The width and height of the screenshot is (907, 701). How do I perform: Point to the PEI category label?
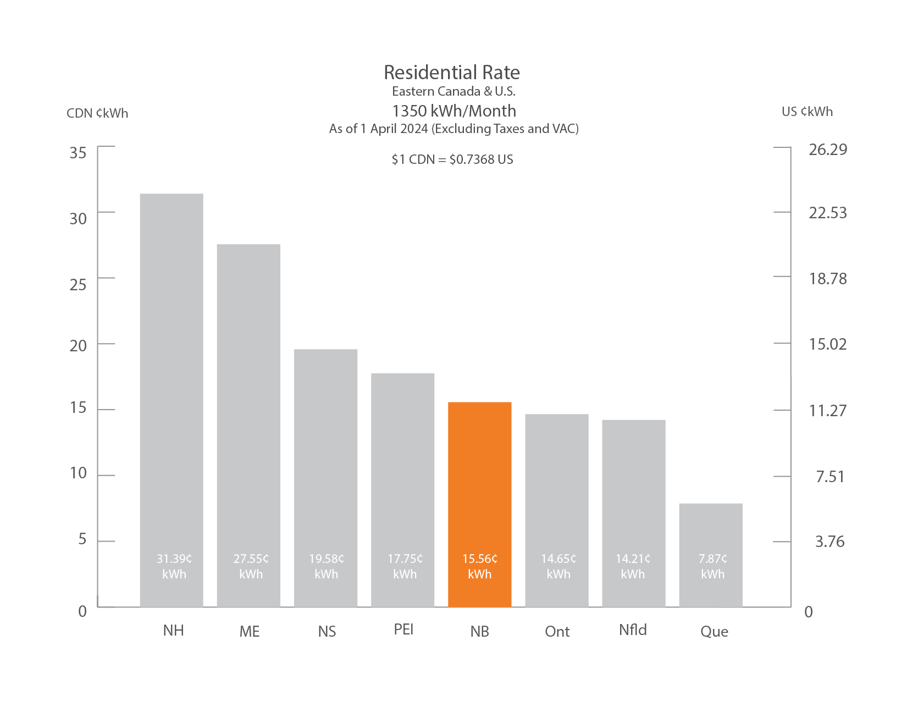[x=403, y=630]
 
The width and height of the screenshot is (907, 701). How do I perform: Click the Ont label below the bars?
[x=557, y=632]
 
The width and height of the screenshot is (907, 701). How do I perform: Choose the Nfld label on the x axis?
[x=633, y=630]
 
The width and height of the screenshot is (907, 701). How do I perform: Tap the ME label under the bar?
[x=250, y=632]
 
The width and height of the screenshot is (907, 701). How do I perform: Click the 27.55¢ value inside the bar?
[x=251, y=559]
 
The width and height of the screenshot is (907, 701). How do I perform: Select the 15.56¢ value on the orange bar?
[x=479, y=559]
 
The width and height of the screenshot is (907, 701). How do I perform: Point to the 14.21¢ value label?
[x=633, y=559]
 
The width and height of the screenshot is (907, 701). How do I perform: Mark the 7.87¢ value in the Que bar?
[x=712, y=559]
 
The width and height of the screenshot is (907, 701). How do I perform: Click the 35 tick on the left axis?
[x=78, y=153]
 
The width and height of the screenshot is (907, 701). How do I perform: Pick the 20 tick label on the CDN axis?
[x=78, y=346]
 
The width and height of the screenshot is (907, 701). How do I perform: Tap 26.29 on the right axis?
[x=827, y=150]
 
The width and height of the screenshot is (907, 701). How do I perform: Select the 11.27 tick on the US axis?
[x=827, y=411]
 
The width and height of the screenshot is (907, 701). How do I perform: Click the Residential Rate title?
[x=452, y=73]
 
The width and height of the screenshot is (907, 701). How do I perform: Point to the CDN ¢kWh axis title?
[x=97, y=113]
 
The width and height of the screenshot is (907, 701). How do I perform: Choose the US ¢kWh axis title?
[x=807, y=112]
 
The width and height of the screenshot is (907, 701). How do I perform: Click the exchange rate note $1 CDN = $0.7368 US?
[x=452, y=159]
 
